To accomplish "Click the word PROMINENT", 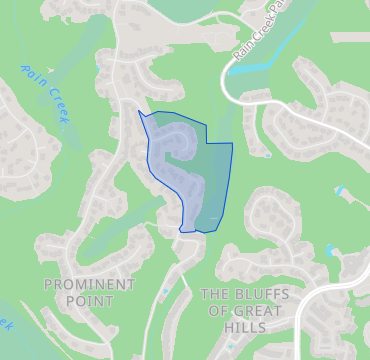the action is (x=89, y=285).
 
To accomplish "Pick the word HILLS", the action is (x=246, y=327).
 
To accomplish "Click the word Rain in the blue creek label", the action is (x=36, y=74).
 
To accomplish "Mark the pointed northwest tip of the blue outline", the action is (x=138, y=111).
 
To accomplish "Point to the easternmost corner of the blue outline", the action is (x=232, y=143).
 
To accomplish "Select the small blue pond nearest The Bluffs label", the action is (x=330, y=250).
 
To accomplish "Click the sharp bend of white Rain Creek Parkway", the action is (x=226, y=90).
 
